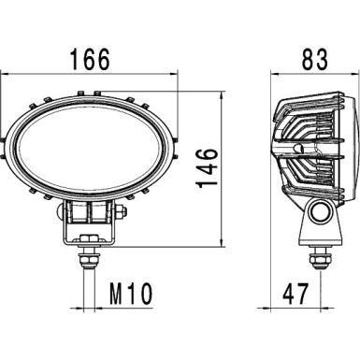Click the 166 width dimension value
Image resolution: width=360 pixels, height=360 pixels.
pyautogui.click(x=90, y=59)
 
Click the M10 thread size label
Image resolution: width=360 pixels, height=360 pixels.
pyautogui.click(x=124, y=296)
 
